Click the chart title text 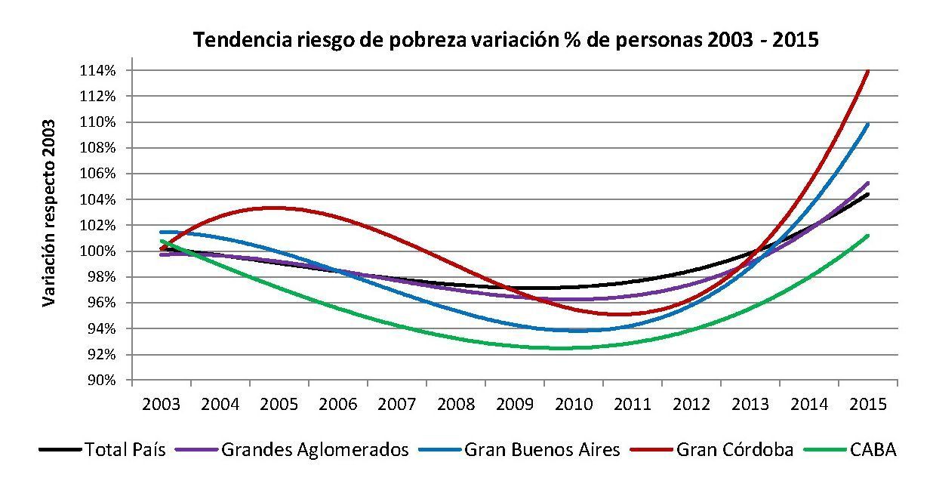(506, 40)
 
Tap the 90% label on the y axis (102, 381)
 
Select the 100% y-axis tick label (100, 251)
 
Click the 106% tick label (100, 174)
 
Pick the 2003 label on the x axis (161, 403)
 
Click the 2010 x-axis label (573, 403)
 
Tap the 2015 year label (867, 403)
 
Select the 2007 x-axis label (396, 403)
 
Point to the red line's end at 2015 (868, 71)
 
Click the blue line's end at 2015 (868, 124)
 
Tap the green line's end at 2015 (868, 236)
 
